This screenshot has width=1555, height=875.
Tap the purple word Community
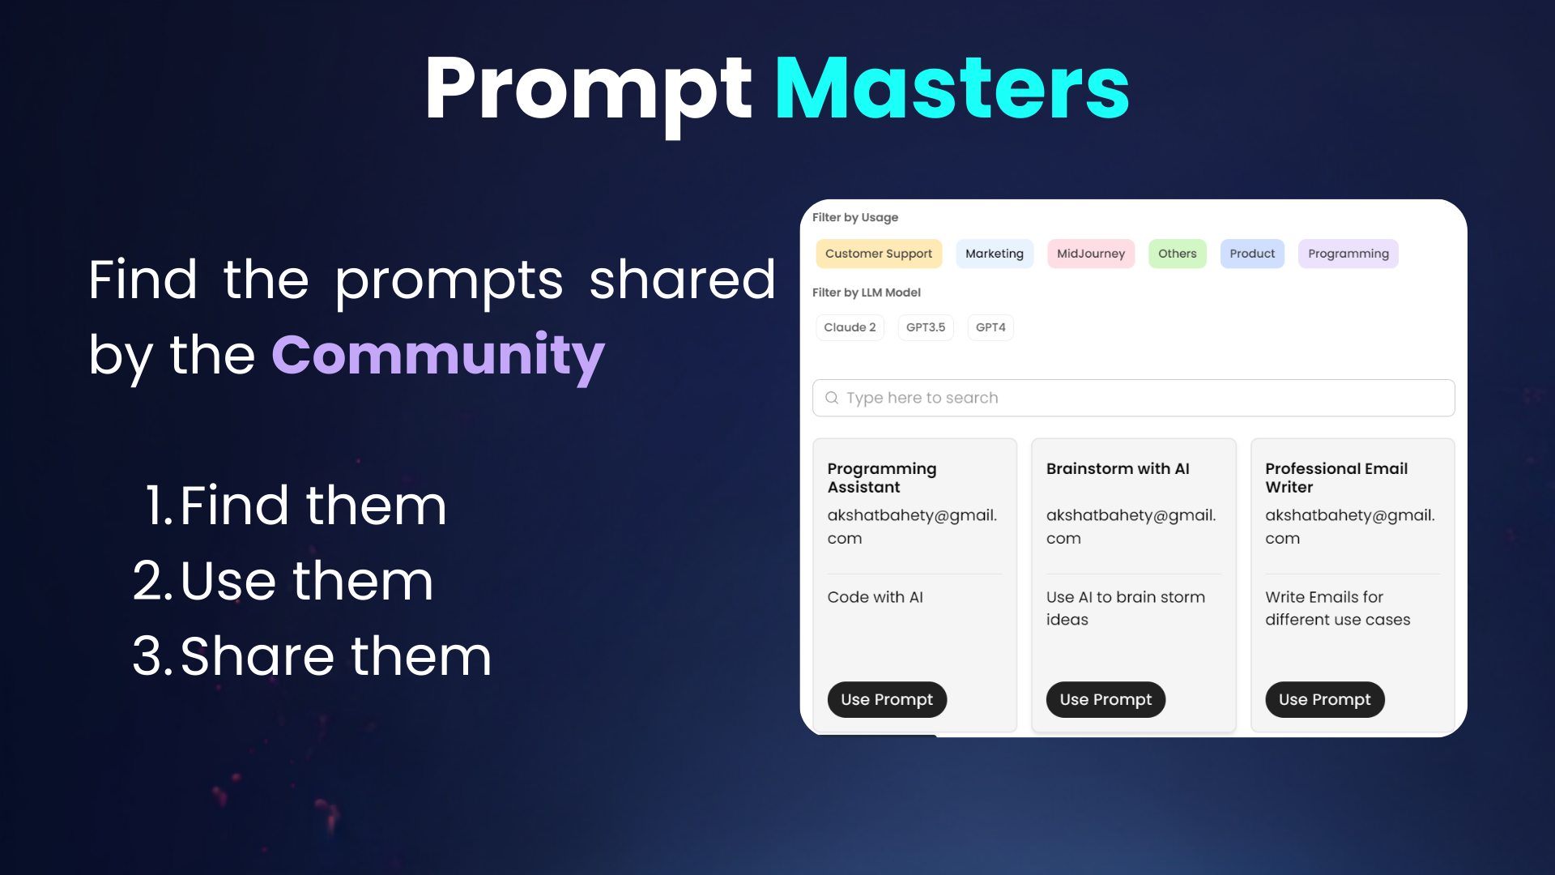click(x=438, y=356)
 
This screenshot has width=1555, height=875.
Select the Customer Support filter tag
click(x=879, y=254)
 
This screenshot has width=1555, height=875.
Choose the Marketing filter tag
click(x=995, y=254)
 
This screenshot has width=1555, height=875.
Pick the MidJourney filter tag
click(x=1091, y=254)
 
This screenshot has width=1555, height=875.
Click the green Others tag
click(x=1178, y=254)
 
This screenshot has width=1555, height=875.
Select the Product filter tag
click(x=1252, y=254)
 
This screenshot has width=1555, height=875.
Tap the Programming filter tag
click(x=1348, y=254)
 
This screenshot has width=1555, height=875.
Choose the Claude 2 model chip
click(x=850, y=327)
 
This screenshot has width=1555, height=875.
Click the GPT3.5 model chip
click(x=926, y=327)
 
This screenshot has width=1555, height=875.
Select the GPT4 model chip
click(x=991, y=327)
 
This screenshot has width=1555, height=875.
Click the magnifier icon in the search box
click(x=832, y=398)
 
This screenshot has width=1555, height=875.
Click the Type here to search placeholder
click(x=922, y=398)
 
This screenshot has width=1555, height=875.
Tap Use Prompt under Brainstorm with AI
click(x=1106, y=699)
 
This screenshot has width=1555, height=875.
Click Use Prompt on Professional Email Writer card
click(x=1325, y=699)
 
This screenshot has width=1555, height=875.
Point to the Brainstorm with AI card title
click(x=1118, y=468)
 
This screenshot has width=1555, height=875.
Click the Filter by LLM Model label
click(x=867, y=292)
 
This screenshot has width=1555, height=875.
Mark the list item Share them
click(x=312, y=656)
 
